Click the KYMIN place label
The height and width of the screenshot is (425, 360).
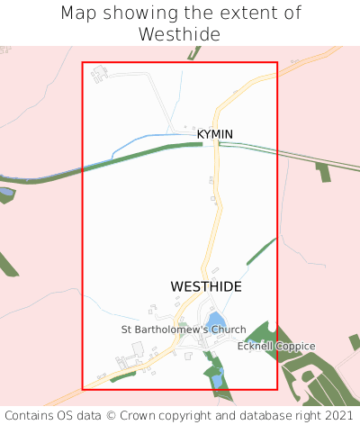(x=215, y=134)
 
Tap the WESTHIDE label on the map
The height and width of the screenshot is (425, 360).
(x=206, y=285)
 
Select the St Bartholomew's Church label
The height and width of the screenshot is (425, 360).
(x=184, y=330)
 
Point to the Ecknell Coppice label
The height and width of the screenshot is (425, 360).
(x=276, y=346)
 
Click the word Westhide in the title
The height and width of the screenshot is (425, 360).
(x=180, y=34)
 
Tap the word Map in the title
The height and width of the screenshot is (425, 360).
(x=79, y=14)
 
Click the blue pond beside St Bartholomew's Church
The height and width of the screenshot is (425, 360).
(x=215, y=321)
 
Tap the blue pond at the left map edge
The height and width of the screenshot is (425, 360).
(x=4, y=193)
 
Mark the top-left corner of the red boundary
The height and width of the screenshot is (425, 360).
(x=83, y=62)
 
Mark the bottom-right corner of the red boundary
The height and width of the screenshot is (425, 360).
(x=277, y=389)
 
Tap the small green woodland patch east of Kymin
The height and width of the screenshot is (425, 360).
(x=323, y=172)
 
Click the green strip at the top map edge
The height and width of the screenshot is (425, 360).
(x=193, y=53)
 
